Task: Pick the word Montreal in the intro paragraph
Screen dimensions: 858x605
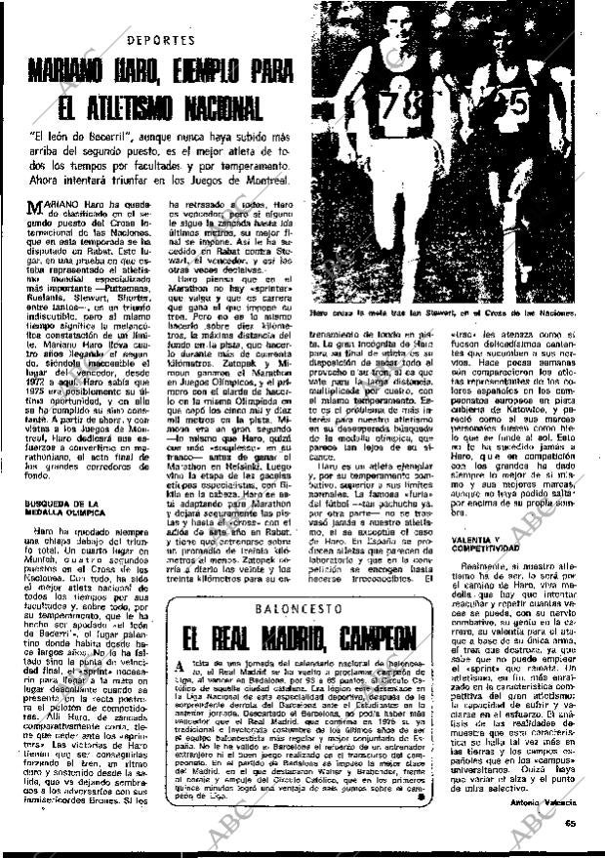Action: pos(263,182)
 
